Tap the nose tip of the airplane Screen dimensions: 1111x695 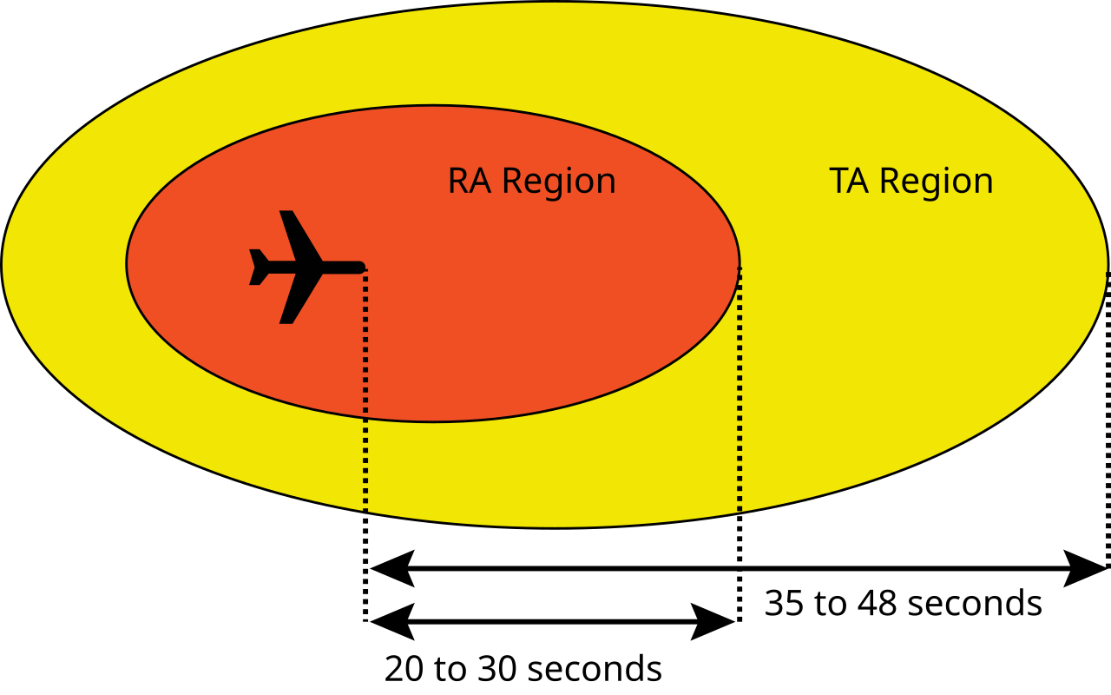click(365, 268)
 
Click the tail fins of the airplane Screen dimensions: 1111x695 click(258, 267)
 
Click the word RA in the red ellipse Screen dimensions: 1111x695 click(470, 182)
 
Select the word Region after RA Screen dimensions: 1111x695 click(559, 182)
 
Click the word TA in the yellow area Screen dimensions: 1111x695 click(849, 182)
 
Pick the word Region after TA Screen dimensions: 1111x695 click(937, 182)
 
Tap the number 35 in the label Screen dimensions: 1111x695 click(784, 604)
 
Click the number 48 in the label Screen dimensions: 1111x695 click(878, 604)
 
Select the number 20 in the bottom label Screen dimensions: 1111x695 click(404, 669)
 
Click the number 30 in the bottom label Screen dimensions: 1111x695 click(497, 669)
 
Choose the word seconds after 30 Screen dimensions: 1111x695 click(595, 669)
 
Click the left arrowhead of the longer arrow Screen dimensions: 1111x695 click(392, 568)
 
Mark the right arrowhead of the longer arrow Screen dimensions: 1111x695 click(1085, 568)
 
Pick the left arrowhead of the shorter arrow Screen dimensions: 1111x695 click(392, 621)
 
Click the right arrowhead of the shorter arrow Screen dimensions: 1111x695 click(713, 621)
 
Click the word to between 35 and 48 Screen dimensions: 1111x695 click(831, 605)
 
